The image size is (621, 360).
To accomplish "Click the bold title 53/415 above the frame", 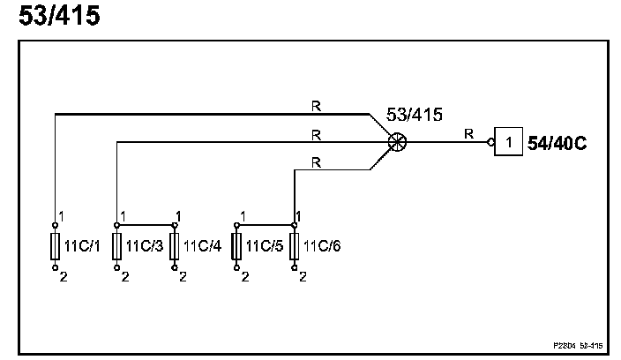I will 59,17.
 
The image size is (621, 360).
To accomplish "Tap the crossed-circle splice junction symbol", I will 398,140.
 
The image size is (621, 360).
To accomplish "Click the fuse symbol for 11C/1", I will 55,246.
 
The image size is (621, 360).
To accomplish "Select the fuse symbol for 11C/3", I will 116,246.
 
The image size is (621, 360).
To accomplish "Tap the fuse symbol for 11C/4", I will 175,246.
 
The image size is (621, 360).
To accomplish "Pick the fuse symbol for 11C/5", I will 236,246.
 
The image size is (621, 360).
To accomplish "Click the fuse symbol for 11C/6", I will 294,246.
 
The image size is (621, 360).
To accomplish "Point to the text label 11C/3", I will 144,246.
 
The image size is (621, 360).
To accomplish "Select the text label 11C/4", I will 202,246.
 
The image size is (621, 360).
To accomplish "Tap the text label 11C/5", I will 264,246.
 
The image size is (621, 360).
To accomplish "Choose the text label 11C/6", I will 322,246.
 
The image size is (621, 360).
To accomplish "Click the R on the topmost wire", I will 316,106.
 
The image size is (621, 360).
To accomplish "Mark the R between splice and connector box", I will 468,134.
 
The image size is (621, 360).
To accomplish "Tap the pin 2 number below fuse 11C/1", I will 63,276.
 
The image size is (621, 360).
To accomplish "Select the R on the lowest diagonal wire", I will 316,163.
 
